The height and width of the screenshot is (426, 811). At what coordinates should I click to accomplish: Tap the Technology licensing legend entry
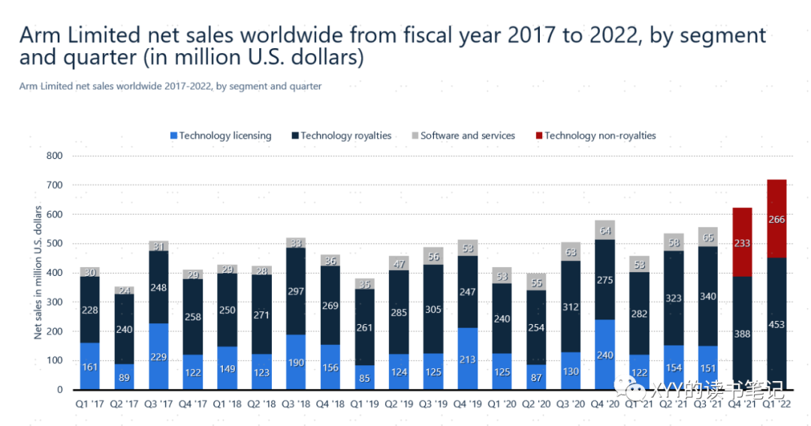click(x=221, y=136)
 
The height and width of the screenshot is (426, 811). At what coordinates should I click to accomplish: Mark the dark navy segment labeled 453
click(x=777, y=324)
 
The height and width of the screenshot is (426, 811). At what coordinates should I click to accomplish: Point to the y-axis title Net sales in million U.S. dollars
click(x=38, y=273)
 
